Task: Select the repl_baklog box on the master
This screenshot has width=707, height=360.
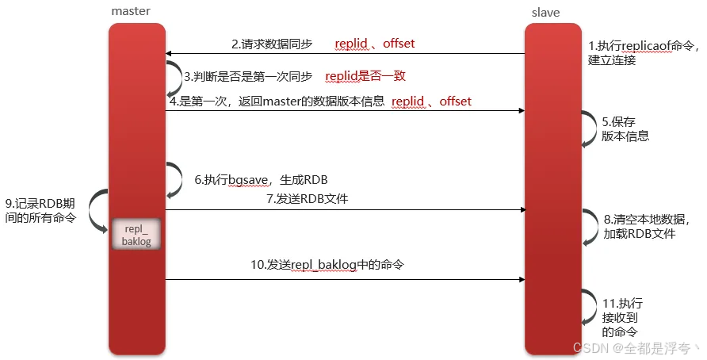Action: coord(137,234)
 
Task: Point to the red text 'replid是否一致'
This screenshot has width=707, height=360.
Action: coord(365,77)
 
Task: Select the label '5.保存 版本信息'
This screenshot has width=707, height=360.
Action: coord(625,128)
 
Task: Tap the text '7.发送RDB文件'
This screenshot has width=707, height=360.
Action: coord(307,199)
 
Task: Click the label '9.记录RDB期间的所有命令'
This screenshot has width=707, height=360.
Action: coord(41,209)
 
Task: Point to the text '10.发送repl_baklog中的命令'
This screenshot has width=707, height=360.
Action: coord(327,264)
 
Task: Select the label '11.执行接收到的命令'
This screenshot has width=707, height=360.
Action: coord(622,317)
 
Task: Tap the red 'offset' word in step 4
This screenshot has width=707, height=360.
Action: coord(455,101)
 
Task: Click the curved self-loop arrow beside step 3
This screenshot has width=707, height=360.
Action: coord(177,79)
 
